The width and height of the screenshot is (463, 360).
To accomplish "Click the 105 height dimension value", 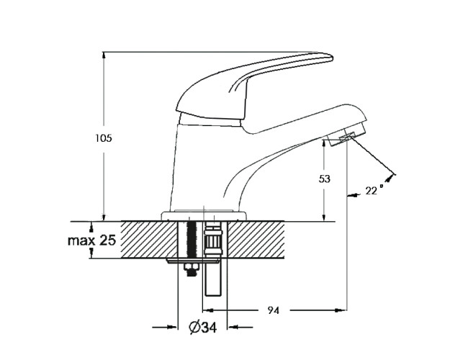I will click(x=104, y=138).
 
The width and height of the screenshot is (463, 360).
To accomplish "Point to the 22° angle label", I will click(x=374, y=190).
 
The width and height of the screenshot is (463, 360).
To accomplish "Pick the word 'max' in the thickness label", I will click(x=81, y=240).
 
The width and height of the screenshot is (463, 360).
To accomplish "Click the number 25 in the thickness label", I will click(x=108, y=240).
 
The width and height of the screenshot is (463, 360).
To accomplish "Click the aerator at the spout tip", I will click(x=346, y=138).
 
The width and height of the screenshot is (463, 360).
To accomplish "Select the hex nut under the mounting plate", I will click(x=191, y=269).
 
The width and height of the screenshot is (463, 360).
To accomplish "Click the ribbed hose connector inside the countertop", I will click(x=213, y=241).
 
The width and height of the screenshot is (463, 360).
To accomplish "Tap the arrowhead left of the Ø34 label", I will click(x=171, y=328).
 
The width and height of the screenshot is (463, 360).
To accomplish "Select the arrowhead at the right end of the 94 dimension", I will click(x=341, y=310).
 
